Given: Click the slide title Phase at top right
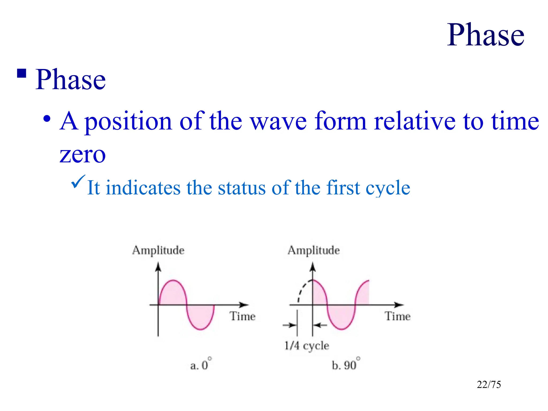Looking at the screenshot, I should click(x=485, y=35).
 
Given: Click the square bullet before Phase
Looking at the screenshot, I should click(x=22, y=73).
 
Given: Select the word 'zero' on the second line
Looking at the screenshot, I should click(x=82, y=155).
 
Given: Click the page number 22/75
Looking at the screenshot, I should click(x=489, y=385).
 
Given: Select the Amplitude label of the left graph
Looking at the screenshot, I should click(x=158, y=250).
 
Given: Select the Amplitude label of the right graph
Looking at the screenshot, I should click(x=314, y=250).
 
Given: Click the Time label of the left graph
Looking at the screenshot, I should click(x=242, y=316).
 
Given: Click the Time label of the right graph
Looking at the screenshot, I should click(x=398, y=316).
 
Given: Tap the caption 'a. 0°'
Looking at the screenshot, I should click(x=200, y=365).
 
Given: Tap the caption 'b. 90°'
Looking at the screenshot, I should click(x=345, y=365).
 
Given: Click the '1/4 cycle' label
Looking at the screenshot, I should click(x=307, y=346).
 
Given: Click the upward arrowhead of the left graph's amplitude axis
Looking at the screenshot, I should click(x=158, y=267).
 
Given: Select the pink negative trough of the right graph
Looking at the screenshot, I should click(x=341, y=317).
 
